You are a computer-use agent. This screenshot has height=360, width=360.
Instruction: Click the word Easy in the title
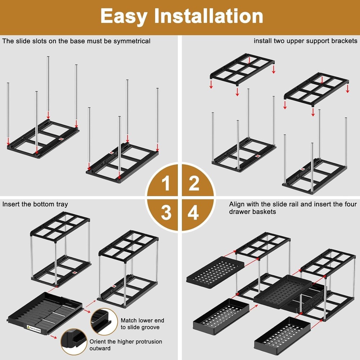point(125,16)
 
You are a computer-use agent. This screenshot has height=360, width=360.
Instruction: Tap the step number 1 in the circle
point(166,184)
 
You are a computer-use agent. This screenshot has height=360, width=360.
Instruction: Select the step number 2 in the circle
point(194,184)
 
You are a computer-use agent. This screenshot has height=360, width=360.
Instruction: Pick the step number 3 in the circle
point(166,213)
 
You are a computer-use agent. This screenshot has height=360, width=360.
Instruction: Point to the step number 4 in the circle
point(193,213)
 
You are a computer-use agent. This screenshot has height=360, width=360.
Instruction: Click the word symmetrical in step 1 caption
point(132,41)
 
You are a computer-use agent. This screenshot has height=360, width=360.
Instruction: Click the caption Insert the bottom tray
point(35,204)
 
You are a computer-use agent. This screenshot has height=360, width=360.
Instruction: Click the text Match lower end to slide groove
point(140,324)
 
